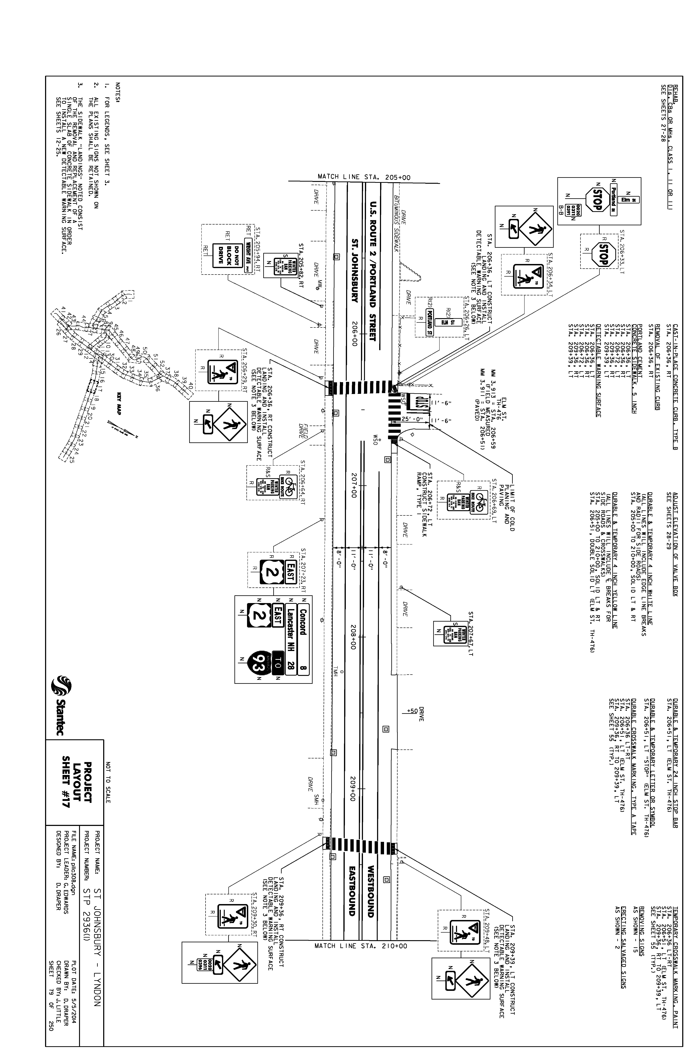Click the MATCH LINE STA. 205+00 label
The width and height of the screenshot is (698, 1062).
[x=364, y=177]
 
